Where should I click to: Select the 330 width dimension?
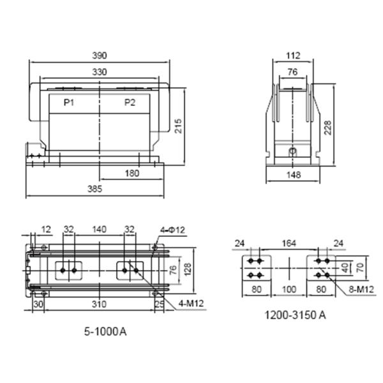coord(99,71)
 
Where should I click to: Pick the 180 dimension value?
coord(132,174)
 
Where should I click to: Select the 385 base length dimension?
coord(95,189)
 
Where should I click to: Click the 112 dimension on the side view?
coord(292,56)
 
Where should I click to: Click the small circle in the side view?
coord(292,152)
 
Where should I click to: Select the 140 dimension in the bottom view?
coord(99,229)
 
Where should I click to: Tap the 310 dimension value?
coord(98,304)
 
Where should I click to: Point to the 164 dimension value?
coord(290,243)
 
